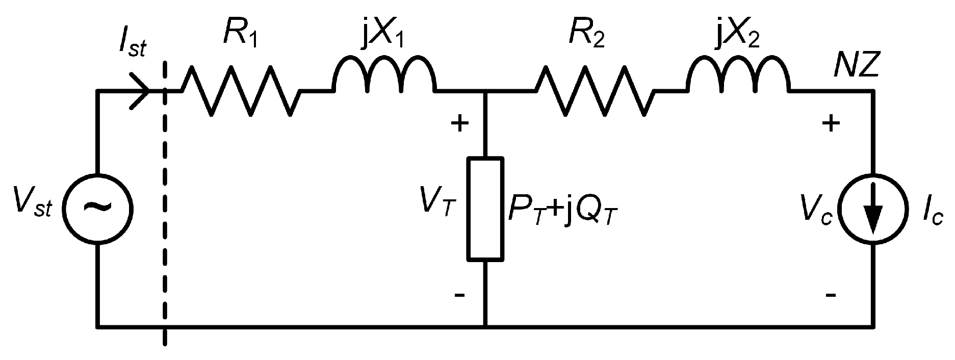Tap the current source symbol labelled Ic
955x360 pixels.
pos(873,208)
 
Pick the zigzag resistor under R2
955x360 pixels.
pos(595,91)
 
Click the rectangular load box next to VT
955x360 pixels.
pos(486,209)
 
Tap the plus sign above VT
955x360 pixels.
pos(459,123)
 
